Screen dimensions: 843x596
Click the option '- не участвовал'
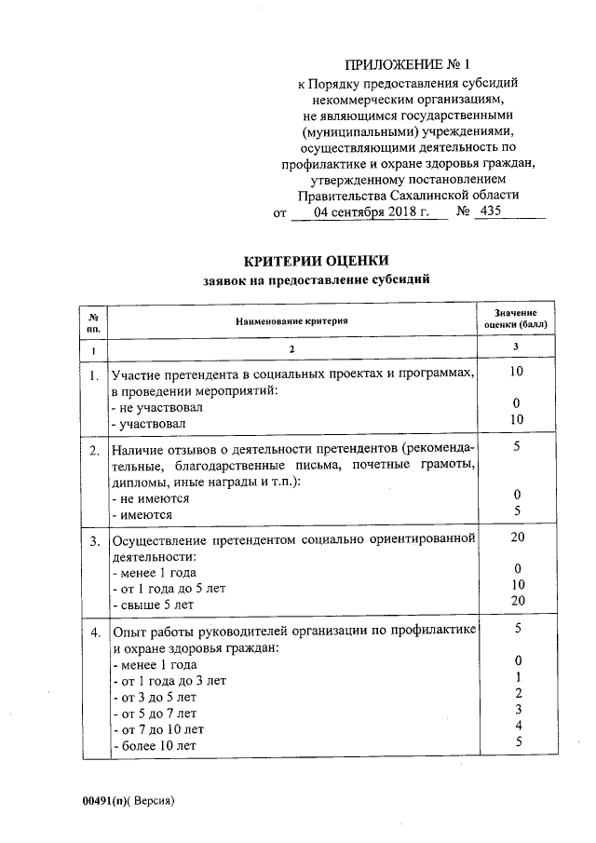pyautogui.click(x=156, y=407)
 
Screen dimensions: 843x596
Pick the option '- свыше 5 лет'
pyautogui.click(x=153, y=604)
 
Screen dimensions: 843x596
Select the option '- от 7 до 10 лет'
pyautogui.click(x=157, y=728)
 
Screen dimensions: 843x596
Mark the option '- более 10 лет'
pyautogui.click(x=154, y=745)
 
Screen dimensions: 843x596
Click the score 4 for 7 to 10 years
pyautogui.click(x=517, y=726)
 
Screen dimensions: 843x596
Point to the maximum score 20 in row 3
pyautogui.click(x=517, y=537)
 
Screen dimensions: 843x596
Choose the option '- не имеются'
pyautogui.click(x=150, y=498)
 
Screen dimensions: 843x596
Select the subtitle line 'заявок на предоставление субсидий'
pyautogui.click(x=316, y=279)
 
